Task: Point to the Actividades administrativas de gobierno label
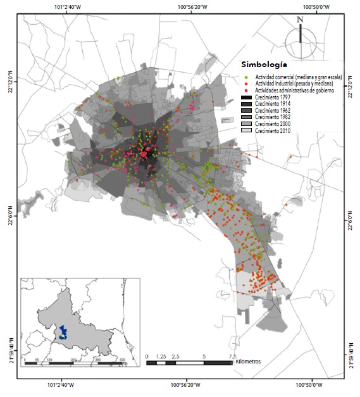click(294, 91)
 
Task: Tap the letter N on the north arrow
click(300, 20)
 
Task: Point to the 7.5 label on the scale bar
click(232, 356)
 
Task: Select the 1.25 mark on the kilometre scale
click(161, 356)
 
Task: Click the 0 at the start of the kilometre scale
click(147, 356)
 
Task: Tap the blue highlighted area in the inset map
click(63, 332)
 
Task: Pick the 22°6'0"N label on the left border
click(9, 217)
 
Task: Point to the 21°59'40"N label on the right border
click(352, 355)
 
